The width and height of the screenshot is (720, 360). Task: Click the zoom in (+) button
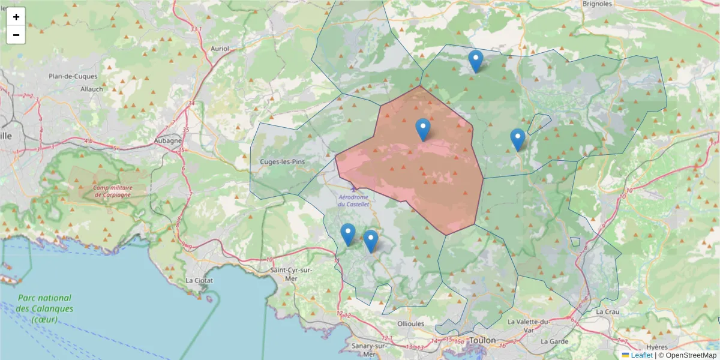pyautogui.click(x=16, y=17)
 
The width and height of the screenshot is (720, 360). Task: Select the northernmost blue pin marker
pyautogui.click(x=476, y=61)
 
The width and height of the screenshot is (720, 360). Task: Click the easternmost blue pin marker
pyautogui.click(x=518, y=139)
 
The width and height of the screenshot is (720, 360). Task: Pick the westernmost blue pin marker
pyautogui.click(x=348, y=234)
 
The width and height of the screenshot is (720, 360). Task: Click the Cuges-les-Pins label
pyautogui.click(x=283, y=162)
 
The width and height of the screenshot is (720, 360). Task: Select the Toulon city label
pyautogui.click(x=482, y=340)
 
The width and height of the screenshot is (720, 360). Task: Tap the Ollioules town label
pyautogui.click(x=411, y=323)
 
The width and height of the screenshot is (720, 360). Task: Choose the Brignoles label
pyautogui.click(x=597, y=4)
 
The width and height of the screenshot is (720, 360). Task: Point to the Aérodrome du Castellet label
pyautogui.click(x=354, y=200)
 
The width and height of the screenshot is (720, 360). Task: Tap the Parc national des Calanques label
pyautogui.click(x=45, y=308)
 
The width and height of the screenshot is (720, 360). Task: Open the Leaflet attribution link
pyautogui.click(x=641, y=355)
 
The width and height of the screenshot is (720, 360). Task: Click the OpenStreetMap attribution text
pyautogui.click(x=691, y=355)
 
